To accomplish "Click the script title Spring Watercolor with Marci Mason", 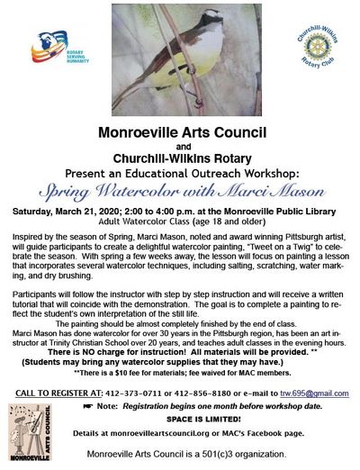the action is click(x=180, y=189).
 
